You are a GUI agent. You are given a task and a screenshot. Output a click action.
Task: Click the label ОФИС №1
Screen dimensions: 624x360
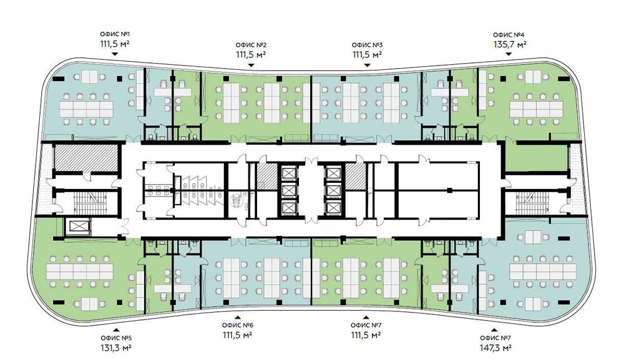tap(115, 34)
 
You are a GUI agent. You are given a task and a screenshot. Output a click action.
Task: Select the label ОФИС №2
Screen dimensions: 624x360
tap(251, 45)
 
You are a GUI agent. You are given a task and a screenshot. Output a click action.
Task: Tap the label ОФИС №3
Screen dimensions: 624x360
tap(367, 45)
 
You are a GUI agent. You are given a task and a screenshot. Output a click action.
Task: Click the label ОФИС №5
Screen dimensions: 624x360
tap(116, 338)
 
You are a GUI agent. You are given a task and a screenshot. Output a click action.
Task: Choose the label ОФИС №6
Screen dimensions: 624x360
tap(238, 325)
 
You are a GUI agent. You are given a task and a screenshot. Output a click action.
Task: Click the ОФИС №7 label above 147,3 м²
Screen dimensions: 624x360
tap(496, 338)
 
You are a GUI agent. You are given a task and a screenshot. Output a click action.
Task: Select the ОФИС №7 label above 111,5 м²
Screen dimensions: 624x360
tap(366, 325)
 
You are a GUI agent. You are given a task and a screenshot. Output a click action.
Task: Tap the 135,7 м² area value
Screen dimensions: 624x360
tap(510, 44)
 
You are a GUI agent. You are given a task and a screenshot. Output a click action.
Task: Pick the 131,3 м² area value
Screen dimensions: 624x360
tap(116, 348)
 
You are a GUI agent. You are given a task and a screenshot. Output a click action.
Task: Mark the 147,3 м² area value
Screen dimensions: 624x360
tap(496, 348)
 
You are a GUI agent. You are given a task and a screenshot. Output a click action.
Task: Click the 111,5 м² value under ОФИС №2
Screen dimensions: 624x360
tap(251, 54)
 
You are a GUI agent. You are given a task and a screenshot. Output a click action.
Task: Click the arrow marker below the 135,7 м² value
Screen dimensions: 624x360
tap(509, 54)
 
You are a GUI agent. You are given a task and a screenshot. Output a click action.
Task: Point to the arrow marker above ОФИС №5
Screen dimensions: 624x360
tap(116, 329)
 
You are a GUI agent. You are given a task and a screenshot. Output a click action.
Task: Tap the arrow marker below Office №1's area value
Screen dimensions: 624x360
tap(115, 54)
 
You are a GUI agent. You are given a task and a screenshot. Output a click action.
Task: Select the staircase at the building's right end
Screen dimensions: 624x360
tap(532, 203)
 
